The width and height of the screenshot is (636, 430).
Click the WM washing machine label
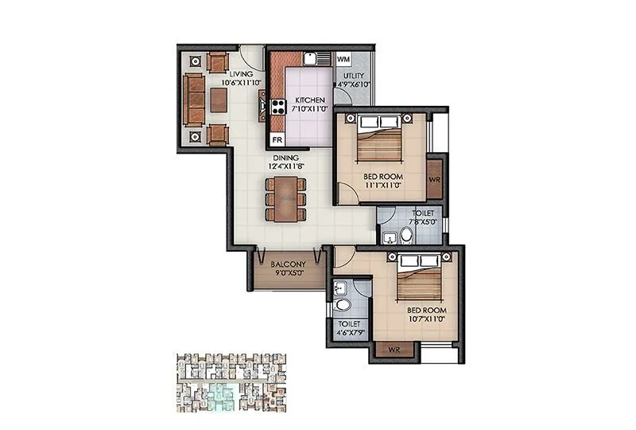click(343, 60)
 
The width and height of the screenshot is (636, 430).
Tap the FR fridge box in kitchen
click(277, 139)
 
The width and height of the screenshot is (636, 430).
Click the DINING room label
click(285, 158)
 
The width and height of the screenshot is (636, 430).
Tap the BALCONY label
click(284, 264)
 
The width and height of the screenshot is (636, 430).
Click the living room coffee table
click(219, 99)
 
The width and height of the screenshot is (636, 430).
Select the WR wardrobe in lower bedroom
click(393, 350)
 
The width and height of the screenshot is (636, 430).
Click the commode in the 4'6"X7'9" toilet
click(342, 307)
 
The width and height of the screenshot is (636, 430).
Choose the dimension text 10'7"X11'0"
click(426, 319)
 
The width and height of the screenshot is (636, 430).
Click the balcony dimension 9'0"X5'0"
click(284, 273)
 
